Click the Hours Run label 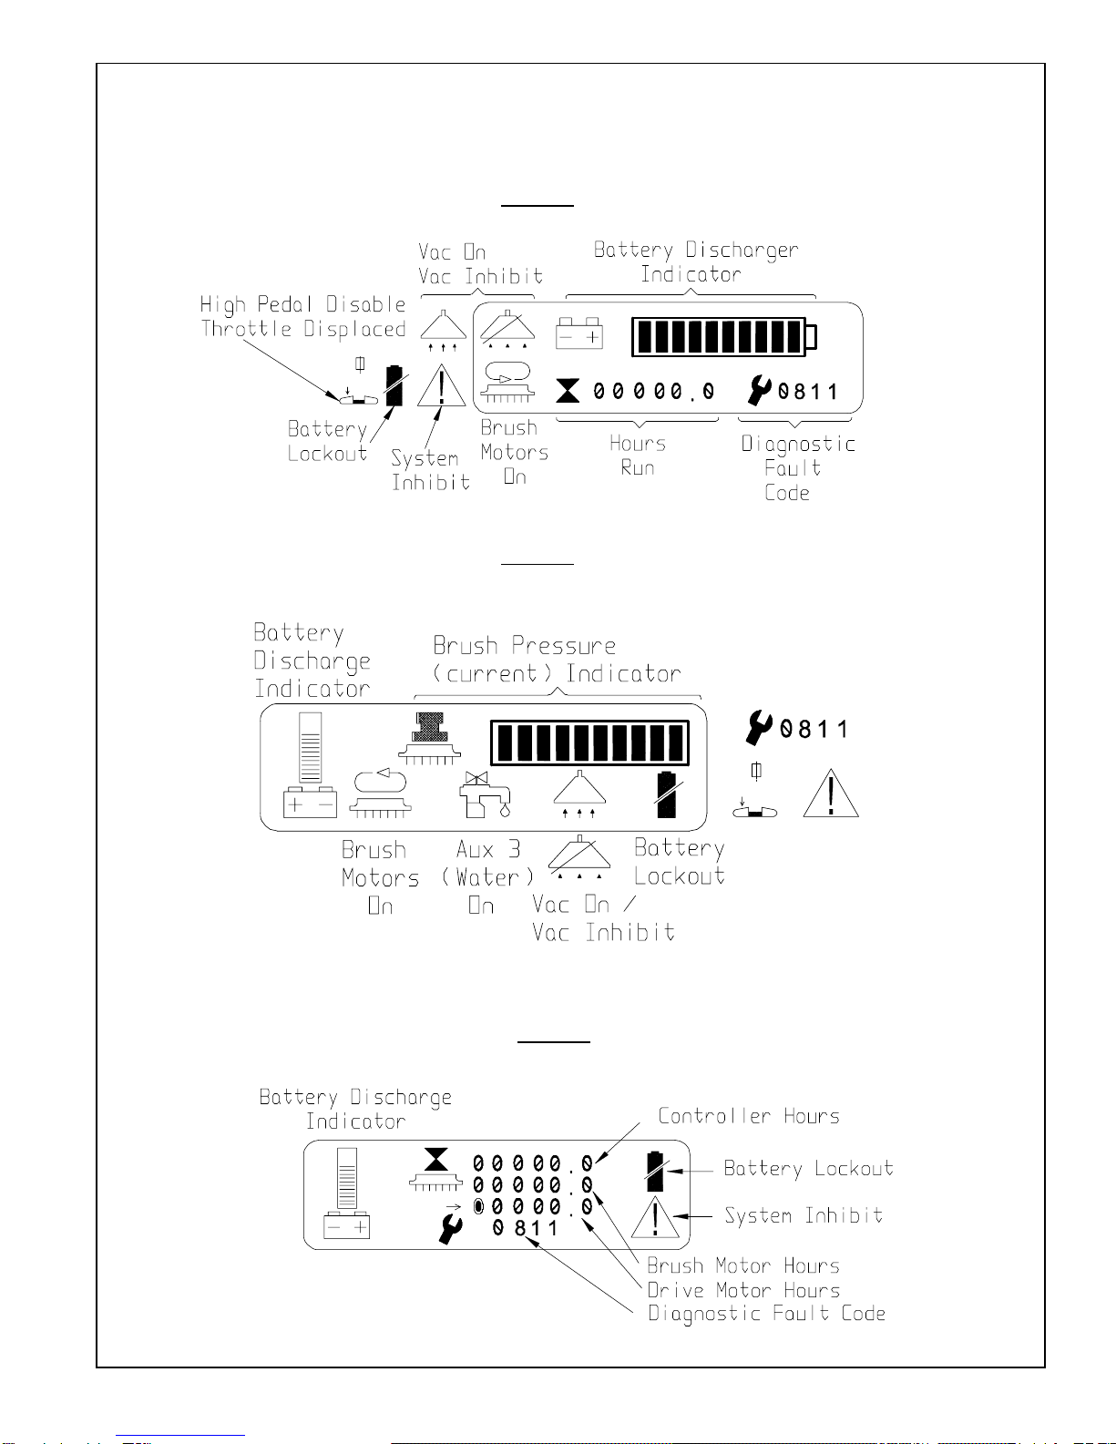[638, 456]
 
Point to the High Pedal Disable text [302, 304]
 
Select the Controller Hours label [749, 1116]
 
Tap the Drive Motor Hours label [743, 1290]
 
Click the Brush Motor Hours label [743, 1265]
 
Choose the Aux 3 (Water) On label [488, 877]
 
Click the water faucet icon [485, 794]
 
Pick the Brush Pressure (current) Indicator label [557, 660]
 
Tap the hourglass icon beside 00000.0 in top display [568, 391]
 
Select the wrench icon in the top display [759, 390]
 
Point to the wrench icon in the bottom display [451, 1228]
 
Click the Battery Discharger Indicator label [695, 261]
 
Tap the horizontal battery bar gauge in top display [724, 336]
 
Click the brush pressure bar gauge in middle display [590, 742]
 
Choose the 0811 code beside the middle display [814, 729]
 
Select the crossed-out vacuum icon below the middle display [579, 856]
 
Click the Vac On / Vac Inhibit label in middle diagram [603, 918]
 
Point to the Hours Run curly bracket [638, 421]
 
